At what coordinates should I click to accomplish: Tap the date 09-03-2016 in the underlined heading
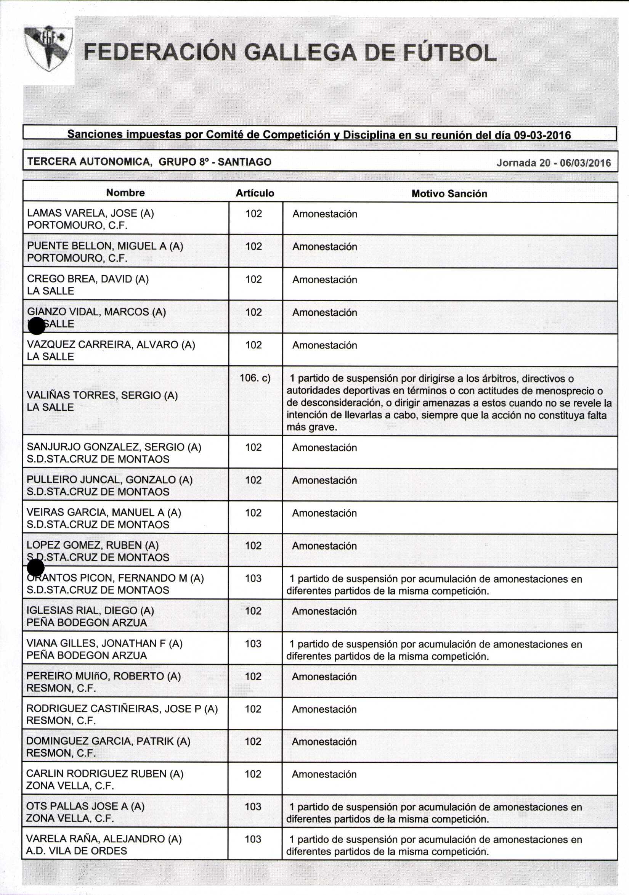[542, 135]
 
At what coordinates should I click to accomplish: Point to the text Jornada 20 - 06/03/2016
[554, 162]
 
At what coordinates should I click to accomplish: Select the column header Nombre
[125, 193]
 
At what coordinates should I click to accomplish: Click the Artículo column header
[255, 193]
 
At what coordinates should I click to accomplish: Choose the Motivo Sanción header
[449, 194]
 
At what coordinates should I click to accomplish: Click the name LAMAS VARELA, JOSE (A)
[90, 213]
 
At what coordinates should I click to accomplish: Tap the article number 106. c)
[255, 378]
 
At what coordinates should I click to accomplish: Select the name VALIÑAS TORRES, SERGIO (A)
[102, 395]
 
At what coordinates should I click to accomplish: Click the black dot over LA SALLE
[37, 326]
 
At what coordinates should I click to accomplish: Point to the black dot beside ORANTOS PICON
[36, 567]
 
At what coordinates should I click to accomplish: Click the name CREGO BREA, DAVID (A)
[88, 279]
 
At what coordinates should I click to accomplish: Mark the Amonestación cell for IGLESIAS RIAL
[324, 611]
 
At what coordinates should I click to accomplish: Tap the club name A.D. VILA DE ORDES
[76, 850]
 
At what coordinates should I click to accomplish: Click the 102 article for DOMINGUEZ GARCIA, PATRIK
[253, 741]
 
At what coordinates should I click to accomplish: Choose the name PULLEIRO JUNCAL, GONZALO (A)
[109, 480]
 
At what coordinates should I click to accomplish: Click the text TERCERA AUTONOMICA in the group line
[89, 161]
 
